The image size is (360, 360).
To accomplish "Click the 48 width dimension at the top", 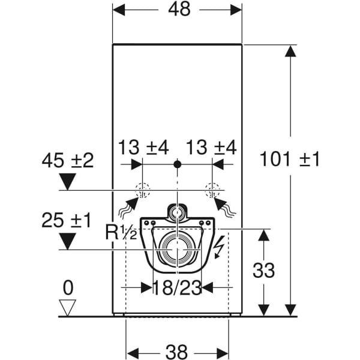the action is [179, 10].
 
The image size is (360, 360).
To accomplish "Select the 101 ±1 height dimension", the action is [290, 160].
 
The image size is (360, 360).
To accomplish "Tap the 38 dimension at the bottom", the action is [176, 352].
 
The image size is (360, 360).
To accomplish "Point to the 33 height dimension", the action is [264, 271].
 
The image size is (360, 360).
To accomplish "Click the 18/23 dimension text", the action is [177, 288].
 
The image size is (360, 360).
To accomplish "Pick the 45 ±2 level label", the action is [68, 160].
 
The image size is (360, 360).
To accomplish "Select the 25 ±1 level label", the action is [66, 220].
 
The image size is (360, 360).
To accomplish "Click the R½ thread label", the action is [121, 232].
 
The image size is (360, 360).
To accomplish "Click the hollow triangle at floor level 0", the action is [67, 308].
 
